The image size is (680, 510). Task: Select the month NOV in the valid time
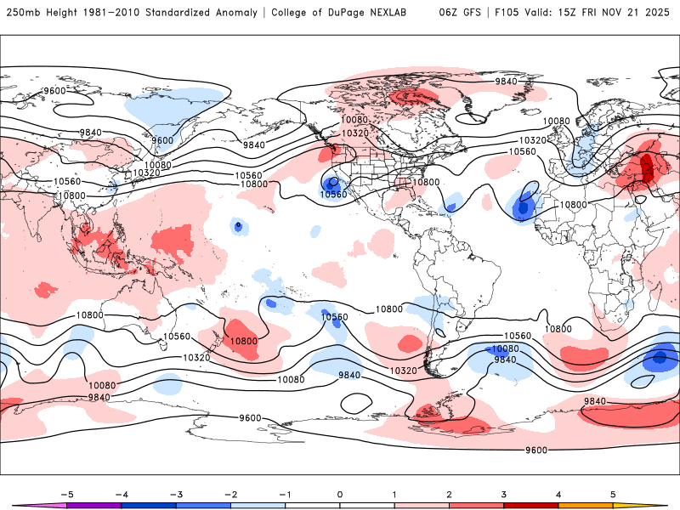pos(628,13)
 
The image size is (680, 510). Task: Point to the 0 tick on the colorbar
pos(339,493)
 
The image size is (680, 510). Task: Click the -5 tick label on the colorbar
pos(66,493)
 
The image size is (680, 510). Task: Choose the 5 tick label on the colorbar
pos(612,493)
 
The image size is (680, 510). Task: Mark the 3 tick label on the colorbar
pos(503,493)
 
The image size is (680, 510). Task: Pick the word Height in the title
pos(62,13)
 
